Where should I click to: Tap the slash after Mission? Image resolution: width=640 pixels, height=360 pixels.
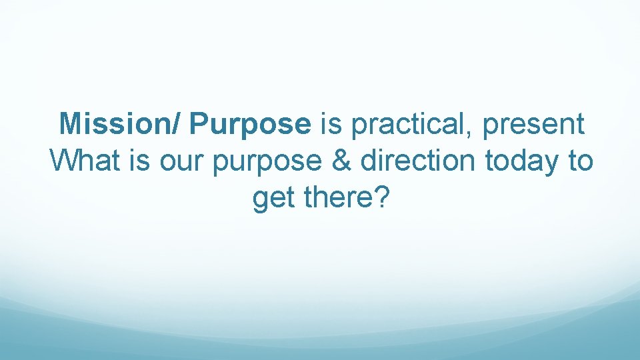[x=181, y=124]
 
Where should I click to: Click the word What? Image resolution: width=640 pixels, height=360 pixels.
[x=79, y=161]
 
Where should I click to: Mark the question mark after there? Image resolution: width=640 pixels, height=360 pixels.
[x=379, y=199]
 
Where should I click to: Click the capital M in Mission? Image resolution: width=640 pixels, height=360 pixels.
[x=70, y=124]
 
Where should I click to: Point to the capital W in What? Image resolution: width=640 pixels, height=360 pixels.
[x=63, y=161]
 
